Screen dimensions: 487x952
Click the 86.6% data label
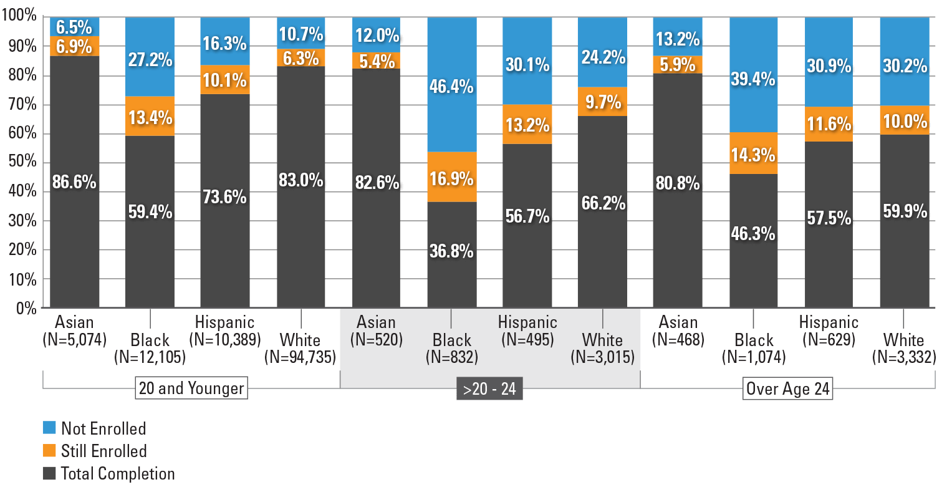[x=75, y=182]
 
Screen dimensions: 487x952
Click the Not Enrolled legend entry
[x=103, y=428]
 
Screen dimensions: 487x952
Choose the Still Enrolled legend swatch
[x=50, y=451]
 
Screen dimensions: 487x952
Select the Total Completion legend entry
[x=117, y=473]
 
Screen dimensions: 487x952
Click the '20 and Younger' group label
[x=191, y=389]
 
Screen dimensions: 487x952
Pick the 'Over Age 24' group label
[x=788, y=389]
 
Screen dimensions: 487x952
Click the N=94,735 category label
[x=301, y=357]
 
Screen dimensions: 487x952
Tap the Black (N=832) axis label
[x=452, y=349]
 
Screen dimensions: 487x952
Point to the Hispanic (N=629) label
[x=829, y=330]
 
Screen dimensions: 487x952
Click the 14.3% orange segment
[x=754, y=153]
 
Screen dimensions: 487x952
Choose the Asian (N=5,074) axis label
[x=75, y=330]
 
